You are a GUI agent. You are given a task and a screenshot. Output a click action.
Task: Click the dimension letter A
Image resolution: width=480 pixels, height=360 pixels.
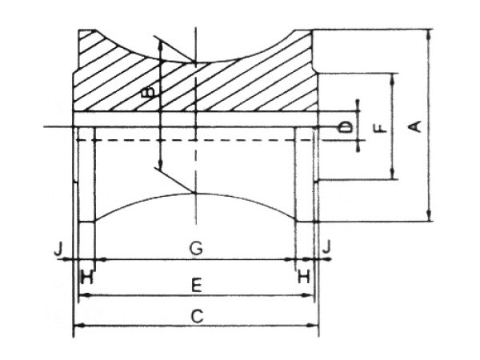[416, 126]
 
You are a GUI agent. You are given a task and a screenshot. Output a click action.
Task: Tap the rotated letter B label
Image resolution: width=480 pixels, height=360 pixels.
[149, 92]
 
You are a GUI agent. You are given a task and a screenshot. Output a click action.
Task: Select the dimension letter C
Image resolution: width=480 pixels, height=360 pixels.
[197, 316]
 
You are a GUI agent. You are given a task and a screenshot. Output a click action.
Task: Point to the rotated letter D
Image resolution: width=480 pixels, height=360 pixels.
[346, 127]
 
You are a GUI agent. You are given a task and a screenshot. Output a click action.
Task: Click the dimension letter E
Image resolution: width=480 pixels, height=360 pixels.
[196, 285]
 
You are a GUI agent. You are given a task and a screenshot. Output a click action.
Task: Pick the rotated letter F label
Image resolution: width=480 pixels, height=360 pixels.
[381, 128]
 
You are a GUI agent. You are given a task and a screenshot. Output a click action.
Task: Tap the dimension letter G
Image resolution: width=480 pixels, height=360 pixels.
[196, 248]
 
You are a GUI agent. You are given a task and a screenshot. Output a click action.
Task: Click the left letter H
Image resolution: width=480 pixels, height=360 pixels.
[87, 278]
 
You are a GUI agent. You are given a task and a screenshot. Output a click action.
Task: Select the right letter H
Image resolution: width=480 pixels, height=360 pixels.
[304, 277]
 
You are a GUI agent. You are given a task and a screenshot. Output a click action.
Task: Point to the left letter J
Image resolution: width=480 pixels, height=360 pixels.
[58, 250]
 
